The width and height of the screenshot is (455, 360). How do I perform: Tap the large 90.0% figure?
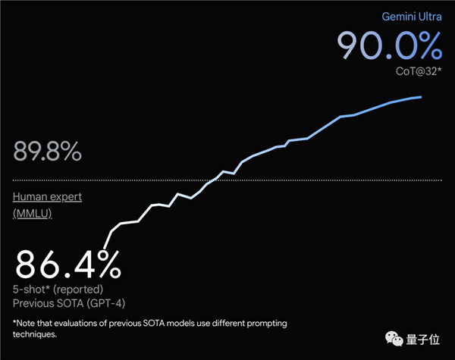tap(389, 46)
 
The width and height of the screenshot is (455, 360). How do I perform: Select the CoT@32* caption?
tap(418, 71)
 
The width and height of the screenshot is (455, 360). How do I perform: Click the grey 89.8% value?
tap(46, 152)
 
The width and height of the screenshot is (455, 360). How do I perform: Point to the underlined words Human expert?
tap(47, 197)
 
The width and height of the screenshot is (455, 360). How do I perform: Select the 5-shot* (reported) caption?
tap(58, 290)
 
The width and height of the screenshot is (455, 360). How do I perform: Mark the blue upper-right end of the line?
tap(421, 97)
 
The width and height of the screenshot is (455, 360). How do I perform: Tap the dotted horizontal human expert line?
tap(227, 180)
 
